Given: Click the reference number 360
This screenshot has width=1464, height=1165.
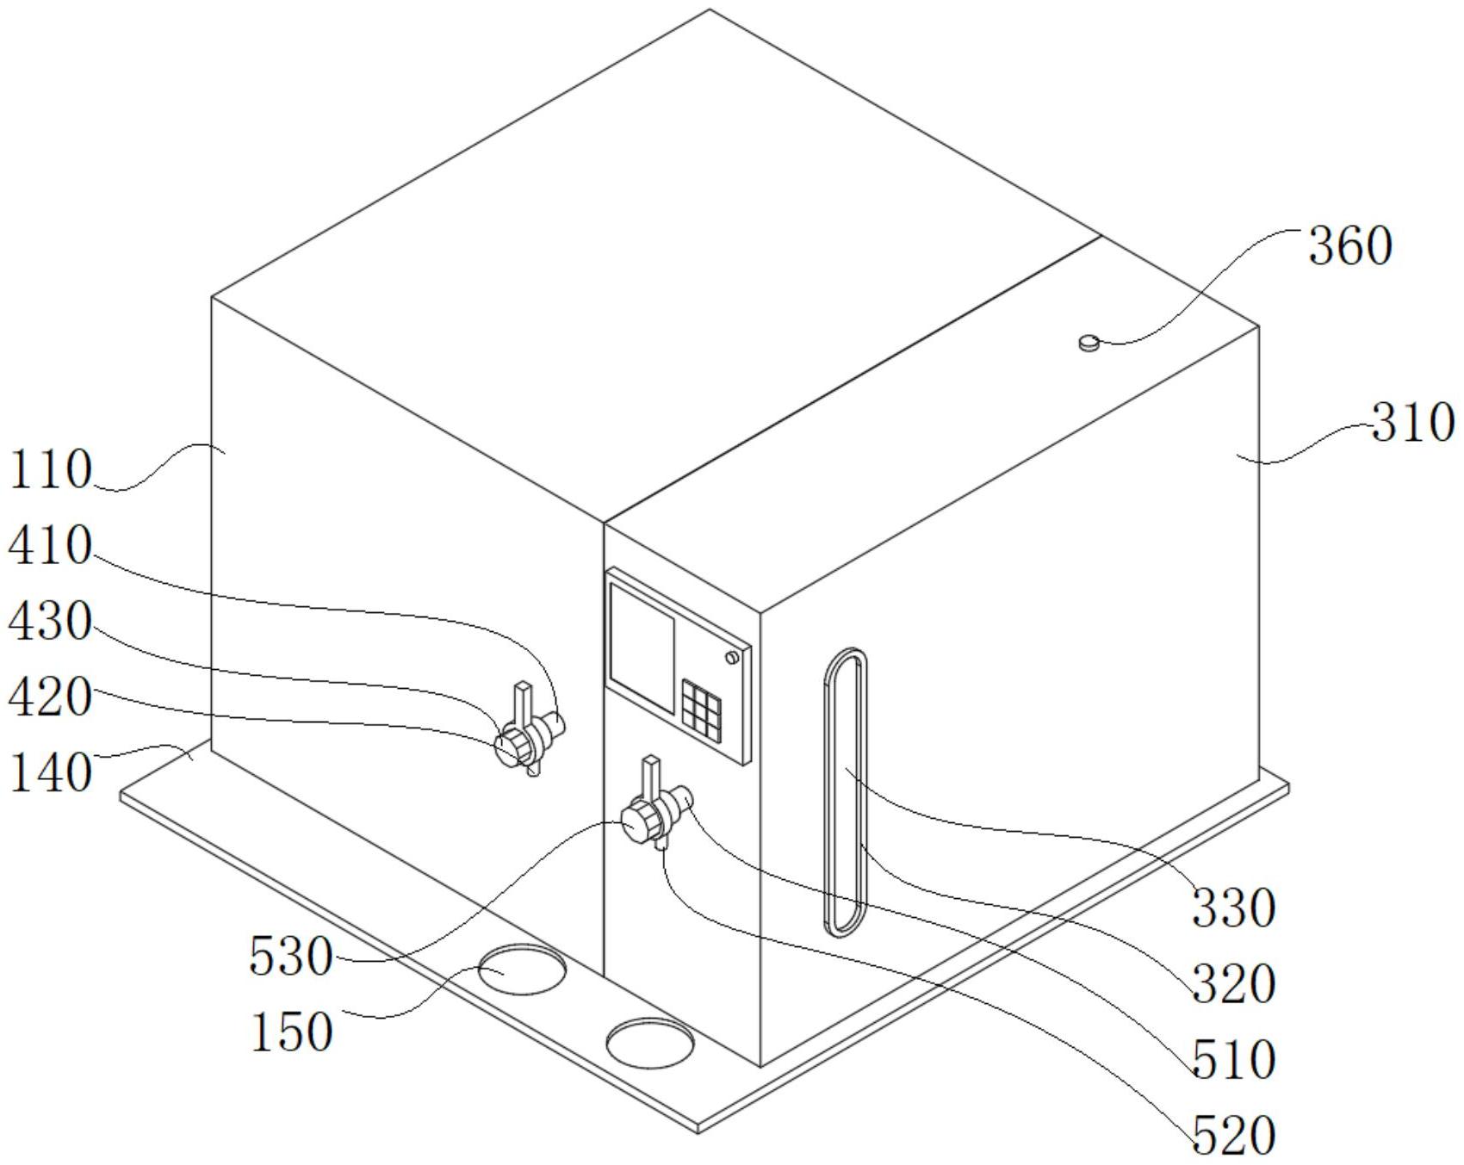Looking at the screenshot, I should pos(1349,247).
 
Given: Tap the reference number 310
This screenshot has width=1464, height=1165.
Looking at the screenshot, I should pos(1412,424).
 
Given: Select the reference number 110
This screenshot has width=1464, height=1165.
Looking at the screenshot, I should pos(50,470).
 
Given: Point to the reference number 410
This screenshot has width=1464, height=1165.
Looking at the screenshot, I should pos(50,546).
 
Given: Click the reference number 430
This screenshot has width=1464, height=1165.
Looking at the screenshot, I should pos(50,622).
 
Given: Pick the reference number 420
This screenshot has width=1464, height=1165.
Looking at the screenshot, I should pos(50,697).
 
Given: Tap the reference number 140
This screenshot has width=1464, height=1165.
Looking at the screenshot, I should pos(50,772).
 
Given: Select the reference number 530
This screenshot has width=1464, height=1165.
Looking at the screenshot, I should pos(290,957).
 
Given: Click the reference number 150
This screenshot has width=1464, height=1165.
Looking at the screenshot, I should pos(290,1032).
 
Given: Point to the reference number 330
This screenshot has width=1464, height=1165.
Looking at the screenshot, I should pos(1232,908).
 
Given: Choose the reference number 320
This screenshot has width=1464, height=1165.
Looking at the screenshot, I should pos(1232,984).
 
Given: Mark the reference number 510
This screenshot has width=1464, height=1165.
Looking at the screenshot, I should pos(1232,1060).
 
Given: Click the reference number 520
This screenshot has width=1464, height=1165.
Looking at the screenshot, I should pos(1232,1136).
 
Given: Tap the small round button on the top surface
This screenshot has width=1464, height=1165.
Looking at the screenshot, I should pos(1089,344).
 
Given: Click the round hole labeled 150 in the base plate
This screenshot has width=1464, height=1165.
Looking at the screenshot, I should pos(522,970).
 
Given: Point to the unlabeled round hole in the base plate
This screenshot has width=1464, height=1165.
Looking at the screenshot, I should pos(649,1043).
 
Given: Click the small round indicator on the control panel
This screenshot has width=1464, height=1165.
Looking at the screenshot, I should pos(732,658).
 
